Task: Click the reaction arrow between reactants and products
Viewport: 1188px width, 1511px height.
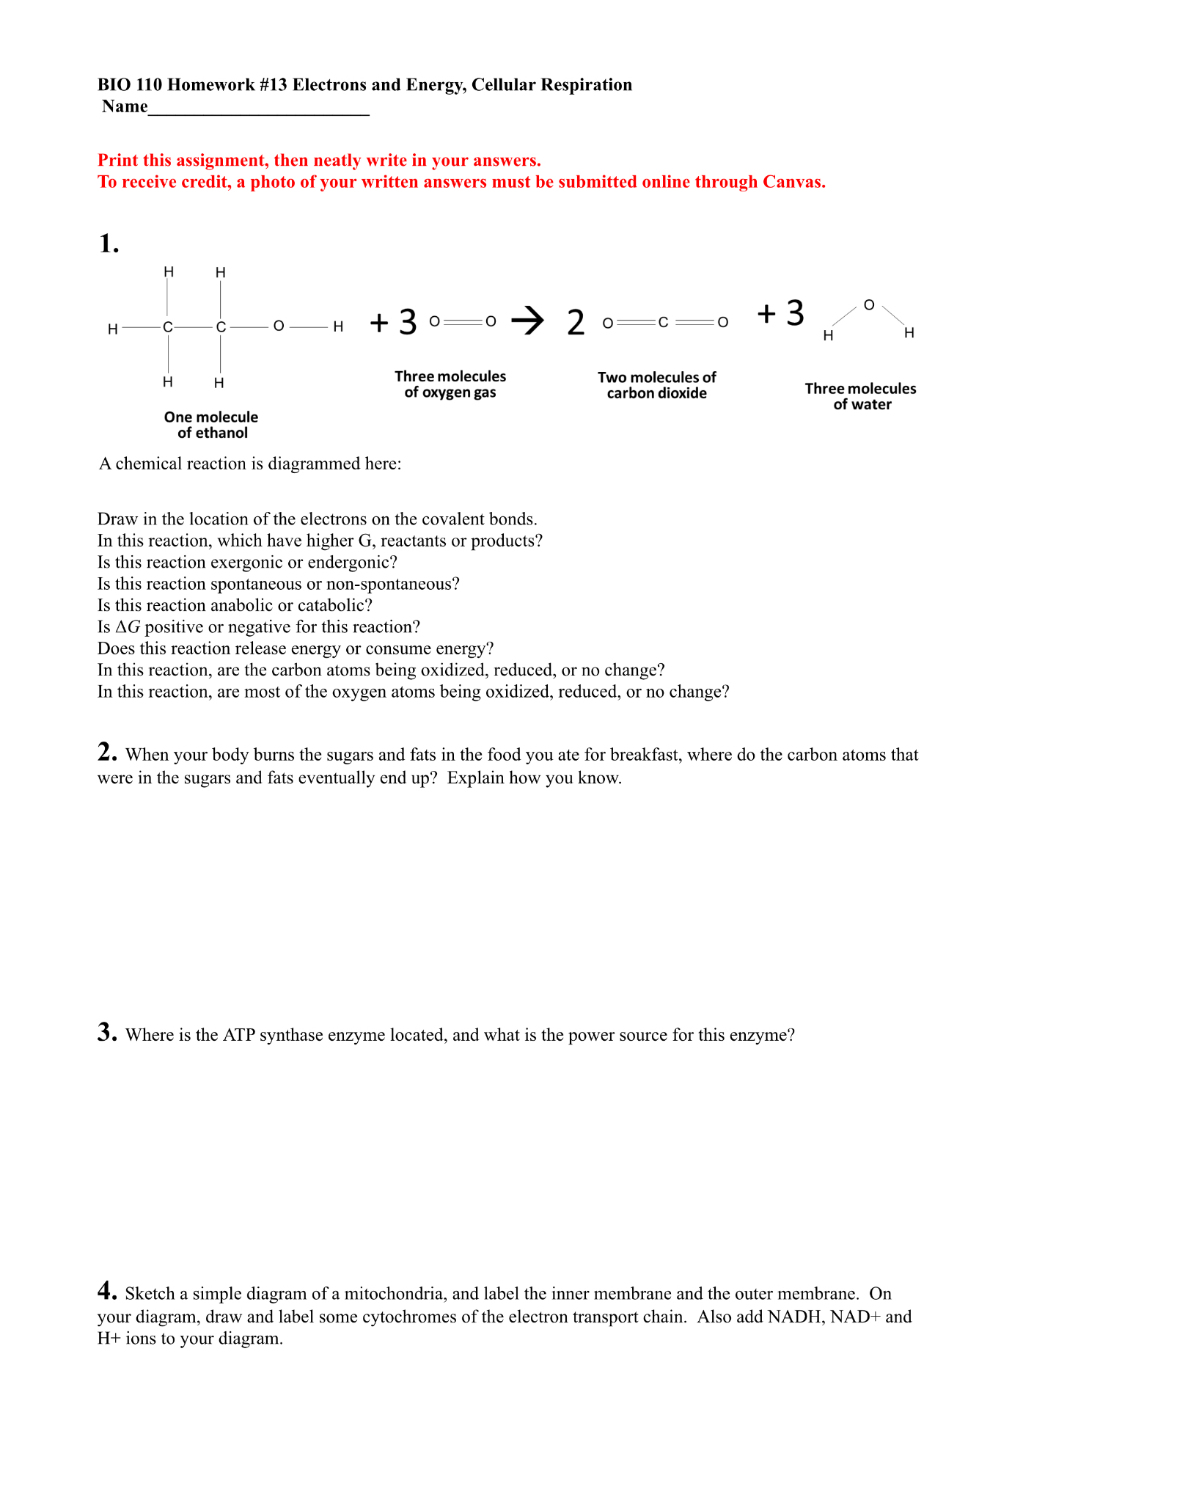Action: (528, 320)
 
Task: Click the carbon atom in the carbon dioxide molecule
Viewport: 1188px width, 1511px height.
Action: (663, 322)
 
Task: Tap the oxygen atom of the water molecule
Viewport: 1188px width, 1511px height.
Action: (869, 304)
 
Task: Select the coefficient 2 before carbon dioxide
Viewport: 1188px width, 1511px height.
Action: (576, 323)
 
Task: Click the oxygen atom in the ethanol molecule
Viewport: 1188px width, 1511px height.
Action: (279, 326)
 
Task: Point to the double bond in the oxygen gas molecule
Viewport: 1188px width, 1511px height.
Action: (463, 321)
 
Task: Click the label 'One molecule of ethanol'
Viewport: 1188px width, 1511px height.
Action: (211, 425)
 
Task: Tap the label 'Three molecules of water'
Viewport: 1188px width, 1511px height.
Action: (861, 396)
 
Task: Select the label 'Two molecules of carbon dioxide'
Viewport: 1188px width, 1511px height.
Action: (656, 385)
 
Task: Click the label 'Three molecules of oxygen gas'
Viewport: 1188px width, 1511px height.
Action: (450, 384)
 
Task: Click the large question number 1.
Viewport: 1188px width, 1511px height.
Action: (109, 244)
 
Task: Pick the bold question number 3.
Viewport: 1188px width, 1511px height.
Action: (107, 1032)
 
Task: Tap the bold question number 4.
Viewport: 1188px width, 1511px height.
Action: (107, 1290)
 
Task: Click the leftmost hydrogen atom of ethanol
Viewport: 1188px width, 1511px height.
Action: (113, 329)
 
